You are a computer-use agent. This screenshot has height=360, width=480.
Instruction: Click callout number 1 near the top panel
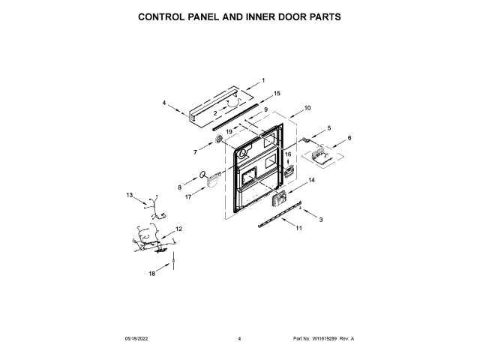[x=263, y=80]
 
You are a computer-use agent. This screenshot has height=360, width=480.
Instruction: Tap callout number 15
[x=277, y=94]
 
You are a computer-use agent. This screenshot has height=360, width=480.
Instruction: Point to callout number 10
[x=307, y=108]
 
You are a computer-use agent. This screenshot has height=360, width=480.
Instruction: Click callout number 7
[x=195, y=152]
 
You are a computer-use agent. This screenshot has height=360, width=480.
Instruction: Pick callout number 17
[x=189, y=196]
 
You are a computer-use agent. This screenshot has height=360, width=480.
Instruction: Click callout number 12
[x=179, y=228]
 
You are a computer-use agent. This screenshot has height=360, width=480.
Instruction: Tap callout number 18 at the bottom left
[x=151, y=274]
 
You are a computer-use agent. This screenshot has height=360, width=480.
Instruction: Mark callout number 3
[x=321, y=219]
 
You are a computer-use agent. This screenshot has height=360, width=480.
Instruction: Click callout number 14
[x=312, y=181]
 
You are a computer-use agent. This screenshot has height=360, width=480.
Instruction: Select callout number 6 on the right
[x=349, y=138]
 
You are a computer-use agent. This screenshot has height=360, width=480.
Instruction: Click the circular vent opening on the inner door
[x=243, y=154]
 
